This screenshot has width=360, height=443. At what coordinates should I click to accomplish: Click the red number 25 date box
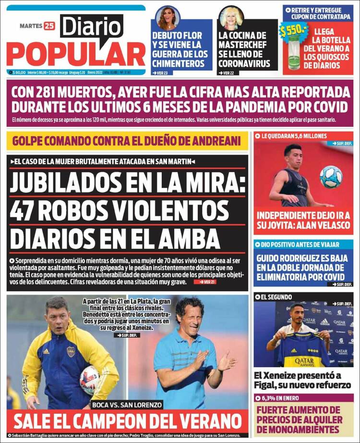49,26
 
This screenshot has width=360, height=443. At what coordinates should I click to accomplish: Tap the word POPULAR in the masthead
76,54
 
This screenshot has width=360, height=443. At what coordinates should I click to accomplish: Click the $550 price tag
293,31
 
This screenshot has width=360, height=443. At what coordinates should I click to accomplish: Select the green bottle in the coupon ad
294,54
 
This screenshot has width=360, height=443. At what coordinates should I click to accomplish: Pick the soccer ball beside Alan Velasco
331,177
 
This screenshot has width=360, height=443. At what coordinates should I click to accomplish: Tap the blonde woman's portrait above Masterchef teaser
231,18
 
